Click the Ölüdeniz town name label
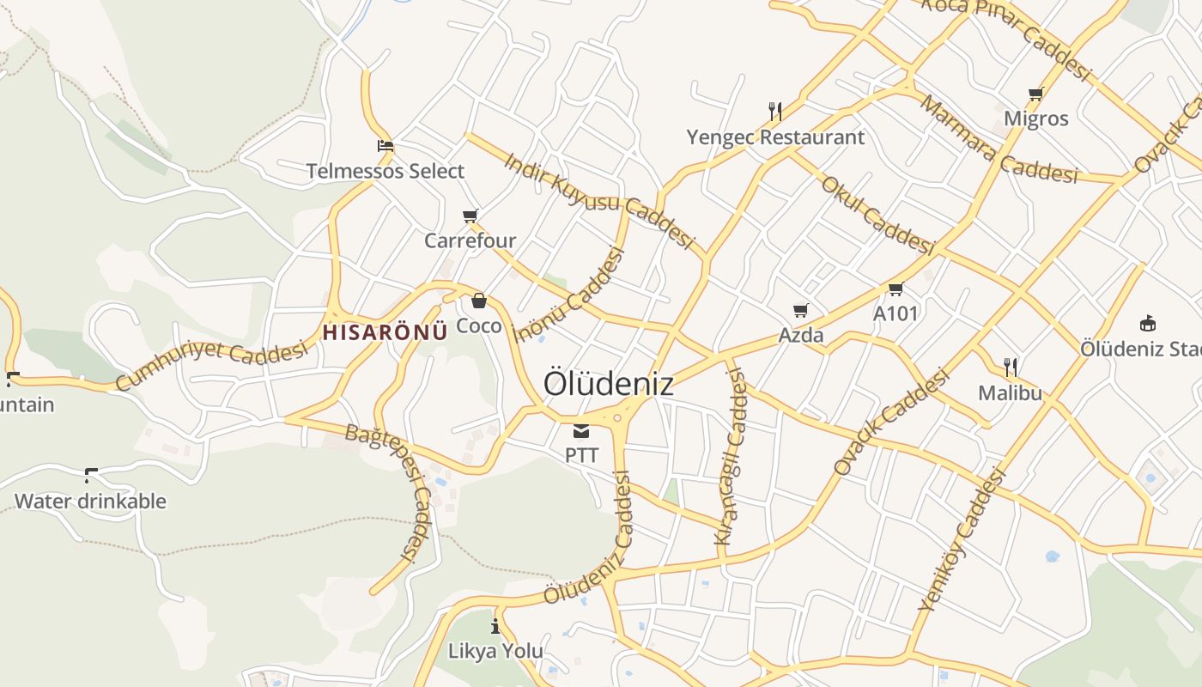coord(608,384)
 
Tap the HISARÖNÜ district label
coord(385,332)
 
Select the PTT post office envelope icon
coord(581,430)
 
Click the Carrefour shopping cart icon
coord(470,216)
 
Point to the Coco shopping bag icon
coord(479,301)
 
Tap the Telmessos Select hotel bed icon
coord(385,146)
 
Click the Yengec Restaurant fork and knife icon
coord(775,111)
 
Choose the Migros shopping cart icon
coord(1036,94)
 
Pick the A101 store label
coord(895,313)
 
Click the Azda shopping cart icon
coord(801,310)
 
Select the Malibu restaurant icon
coord(1011,368)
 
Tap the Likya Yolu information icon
coord(495,626)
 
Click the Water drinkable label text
coord(90,501)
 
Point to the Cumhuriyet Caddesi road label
coord(211,366)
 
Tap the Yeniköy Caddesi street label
coord(962,538)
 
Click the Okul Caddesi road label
coord(877,216)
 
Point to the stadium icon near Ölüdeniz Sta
coord(1147,323)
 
